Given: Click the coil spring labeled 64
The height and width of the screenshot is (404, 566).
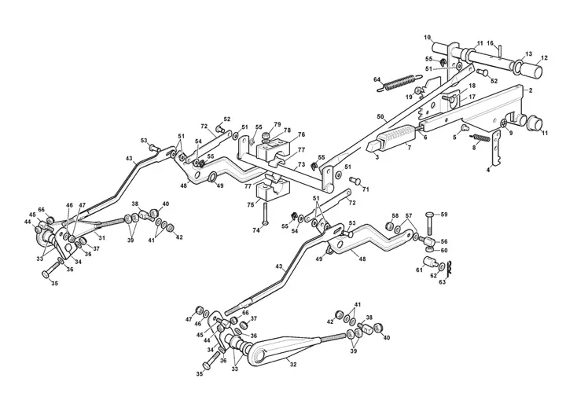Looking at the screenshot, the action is click(x=399, y=83).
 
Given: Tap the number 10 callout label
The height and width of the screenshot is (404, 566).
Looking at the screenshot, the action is click(x=428, y=37).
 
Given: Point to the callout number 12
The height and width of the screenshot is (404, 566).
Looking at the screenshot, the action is click(x=544, y=57).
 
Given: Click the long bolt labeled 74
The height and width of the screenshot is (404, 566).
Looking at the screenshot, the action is click(x=264, y=213).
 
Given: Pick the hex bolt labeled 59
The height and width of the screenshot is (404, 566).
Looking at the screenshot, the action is click(x=429, y=222).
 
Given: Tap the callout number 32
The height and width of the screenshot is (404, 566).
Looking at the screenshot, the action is click(x=293, y=365).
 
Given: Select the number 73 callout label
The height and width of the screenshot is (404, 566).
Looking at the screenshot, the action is click(x=301, y=164).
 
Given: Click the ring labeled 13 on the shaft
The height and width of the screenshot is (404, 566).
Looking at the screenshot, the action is click(x=517, y=66).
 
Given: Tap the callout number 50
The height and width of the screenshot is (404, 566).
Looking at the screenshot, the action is click(x=380, y=116).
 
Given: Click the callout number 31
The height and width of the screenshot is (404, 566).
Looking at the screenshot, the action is click(x=102, y=237).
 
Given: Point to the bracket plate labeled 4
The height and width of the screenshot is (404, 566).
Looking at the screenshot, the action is click(x=495, y=149).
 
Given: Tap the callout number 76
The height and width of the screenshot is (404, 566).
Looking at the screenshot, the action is click(x=301, y=134).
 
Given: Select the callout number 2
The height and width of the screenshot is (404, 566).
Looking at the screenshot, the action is click(x=531, y=90).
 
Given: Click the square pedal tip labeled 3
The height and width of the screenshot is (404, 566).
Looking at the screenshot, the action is click(x=373, y=147).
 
